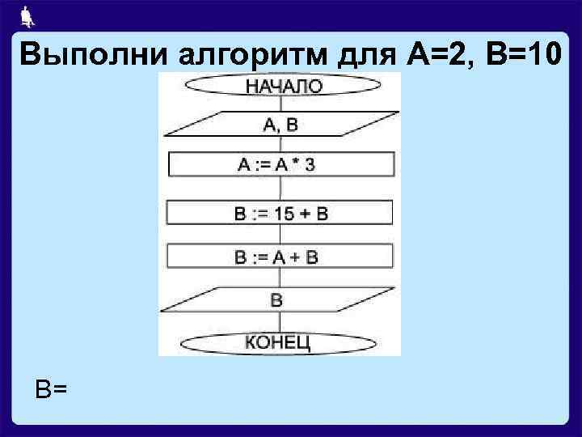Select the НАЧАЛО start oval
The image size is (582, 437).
pos(281,84)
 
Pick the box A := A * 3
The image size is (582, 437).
pos(280,165)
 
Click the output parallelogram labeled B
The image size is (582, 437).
pos(279,300)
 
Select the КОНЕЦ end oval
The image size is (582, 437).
pos(279,342)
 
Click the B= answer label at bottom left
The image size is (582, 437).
pos(51,390)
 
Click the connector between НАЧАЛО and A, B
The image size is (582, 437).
pos(280,104)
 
